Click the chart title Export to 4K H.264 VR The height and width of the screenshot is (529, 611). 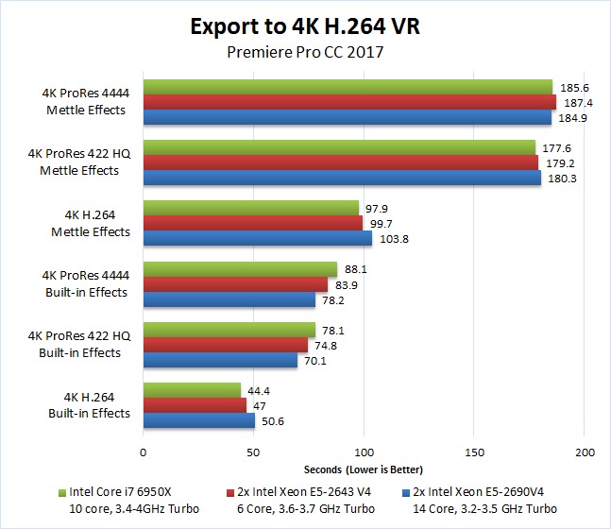(305, 26)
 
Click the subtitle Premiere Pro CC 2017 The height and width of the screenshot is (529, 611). (304, 52)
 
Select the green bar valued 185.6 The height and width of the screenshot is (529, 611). (348, 87)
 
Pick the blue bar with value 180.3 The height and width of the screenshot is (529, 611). (342, 178)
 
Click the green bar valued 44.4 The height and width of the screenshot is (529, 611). (192, 390)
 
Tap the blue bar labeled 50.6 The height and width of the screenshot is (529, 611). (198, 420)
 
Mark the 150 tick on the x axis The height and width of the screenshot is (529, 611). (474, 452)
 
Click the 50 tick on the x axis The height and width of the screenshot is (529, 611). (253, 452)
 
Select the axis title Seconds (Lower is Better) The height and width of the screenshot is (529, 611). (364, 469)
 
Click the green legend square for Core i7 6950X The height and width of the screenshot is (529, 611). (62, 492)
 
